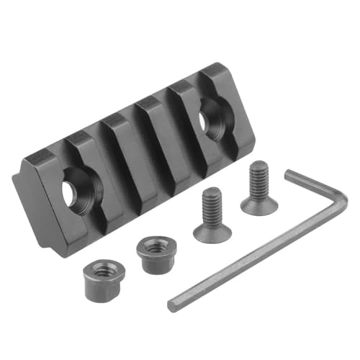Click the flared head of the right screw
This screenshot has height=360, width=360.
click(259, 204)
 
